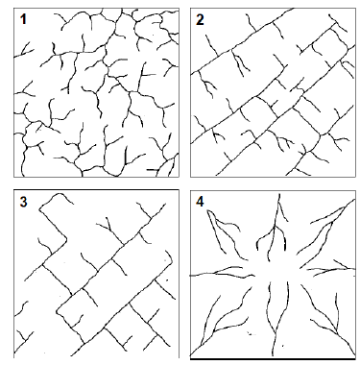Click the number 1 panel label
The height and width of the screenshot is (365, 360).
pos(23,20)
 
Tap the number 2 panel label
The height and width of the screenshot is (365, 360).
pos(200,20)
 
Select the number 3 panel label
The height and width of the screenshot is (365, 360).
pos(23,203)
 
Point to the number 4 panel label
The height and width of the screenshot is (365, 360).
pos(200,202)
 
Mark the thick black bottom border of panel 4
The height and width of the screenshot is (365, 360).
pos(273,359)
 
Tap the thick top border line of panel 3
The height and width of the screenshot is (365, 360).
pos(96,190)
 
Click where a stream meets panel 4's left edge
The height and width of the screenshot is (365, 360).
pos(191,275)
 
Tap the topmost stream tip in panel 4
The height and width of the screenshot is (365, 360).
pos(279,194)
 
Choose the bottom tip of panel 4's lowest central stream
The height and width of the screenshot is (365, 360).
pos(273,355)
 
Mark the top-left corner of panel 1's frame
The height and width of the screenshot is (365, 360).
pos(13,9)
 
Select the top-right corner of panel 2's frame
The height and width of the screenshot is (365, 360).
pos(355,9)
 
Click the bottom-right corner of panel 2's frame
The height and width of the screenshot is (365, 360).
pos(355,177)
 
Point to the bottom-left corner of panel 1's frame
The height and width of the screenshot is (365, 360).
pos(13,177)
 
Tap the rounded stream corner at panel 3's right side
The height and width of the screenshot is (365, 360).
pos(171,258)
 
